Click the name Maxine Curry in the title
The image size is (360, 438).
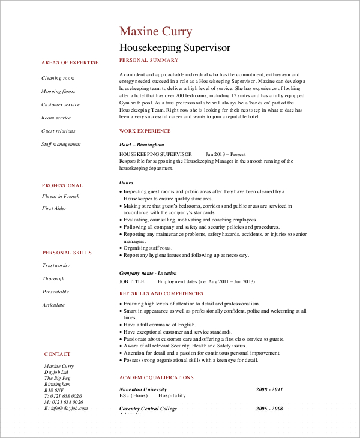[155, 31]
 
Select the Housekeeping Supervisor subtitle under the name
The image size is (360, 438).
[175, 47]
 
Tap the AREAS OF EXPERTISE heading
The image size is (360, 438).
[70, 62]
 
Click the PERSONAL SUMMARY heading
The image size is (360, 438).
[149, 60]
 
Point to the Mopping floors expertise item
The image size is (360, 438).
[59, 91]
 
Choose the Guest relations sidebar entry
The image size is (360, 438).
[58, 131]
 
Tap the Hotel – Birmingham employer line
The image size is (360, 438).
[142, 145]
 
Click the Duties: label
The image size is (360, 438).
[127, 182]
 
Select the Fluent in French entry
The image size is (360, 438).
[61, 196]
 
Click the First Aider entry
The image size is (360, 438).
[55, 208]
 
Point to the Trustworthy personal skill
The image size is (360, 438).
[56, 265]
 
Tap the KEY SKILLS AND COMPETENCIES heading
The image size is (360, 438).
[161, 293]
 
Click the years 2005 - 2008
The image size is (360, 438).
[269, 408]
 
